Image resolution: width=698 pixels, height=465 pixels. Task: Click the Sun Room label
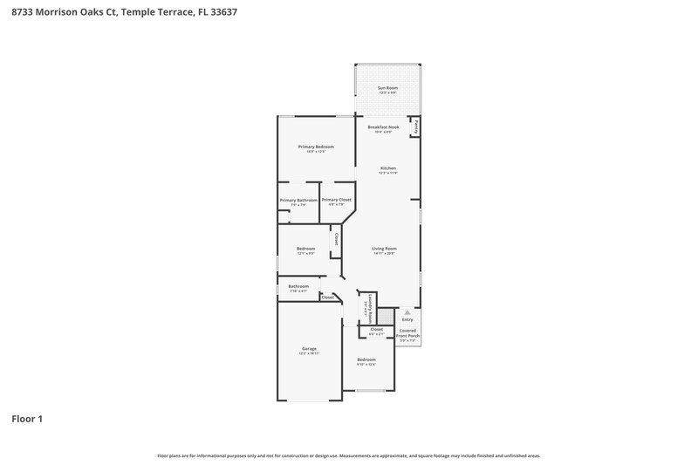point(387,89)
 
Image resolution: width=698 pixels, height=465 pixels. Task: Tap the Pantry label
point(415,127)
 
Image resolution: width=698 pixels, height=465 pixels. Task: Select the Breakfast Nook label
point(383,127)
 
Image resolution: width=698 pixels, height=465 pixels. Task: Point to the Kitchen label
point(387,168)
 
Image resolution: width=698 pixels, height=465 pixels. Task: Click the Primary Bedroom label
point(316,147)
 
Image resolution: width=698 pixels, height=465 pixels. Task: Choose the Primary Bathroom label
point(298,201)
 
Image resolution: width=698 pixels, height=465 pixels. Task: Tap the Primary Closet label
point(336,200)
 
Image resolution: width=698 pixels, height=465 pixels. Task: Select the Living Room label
point(385,249)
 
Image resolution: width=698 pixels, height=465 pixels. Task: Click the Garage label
point(309,349)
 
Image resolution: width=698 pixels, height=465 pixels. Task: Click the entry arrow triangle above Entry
point(407,311)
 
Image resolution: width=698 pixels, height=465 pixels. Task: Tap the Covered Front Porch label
point(408,333)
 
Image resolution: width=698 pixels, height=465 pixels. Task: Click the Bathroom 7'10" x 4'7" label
point(299,286)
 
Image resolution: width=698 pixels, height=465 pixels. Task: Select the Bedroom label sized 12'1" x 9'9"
point(305,249)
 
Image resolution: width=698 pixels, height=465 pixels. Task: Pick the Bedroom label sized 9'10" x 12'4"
point(366,359)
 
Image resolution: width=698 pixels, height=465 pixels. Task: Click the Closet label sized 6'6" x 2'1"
point(377,330)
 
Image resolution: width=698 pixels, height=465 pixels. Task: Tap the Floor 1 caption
point(27,419)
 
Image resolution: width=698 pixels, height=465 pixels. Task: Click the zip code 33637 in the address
point(222,13)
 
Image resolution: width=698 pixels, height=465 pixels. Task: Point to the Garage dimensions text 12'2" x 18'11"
point(309,353)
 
